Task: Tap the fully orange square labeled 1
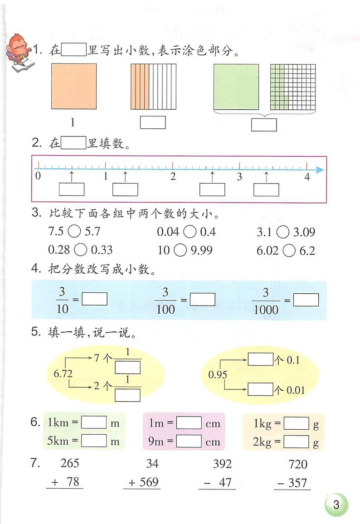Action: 74,86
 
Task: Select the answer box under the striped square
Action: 153,122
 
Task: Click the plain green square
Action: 236,87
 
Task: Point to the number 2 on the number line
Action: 173,177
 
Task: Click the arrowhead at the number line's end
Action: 320,170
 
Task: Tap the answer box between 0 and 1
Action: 72,189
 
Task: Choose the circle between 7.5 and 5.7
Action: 74,232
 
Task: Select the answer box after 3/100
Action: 202,300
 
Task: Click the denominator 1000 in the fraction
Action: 266,310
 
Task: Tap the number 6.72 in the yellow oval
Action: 63,374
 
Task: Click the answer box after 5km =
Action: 94,440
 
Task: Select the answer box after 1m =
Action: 189,423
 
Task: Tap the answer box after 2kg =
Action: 297,441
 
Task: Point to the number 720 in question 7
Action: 297,464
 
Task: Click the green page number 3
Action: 336,505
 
